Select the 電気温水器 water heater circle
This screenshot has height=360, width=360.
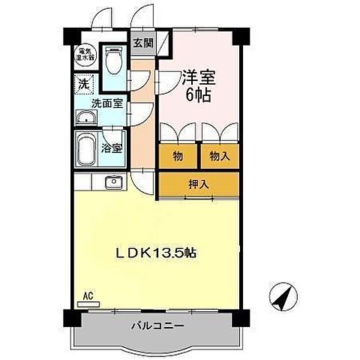85,52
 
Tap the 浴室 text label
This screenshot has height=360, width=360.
112,148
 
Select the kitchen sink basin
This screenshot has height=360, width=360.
114,182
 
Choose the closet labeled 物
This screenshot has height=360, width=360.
177,156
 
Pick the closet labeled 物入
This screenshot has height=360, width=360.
218,156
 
